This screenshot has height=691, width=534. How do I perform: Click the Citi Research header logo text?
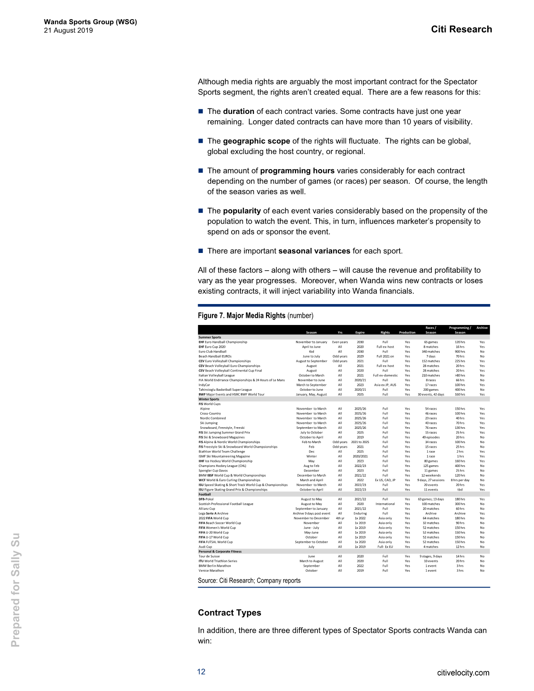click(x=461, y=29)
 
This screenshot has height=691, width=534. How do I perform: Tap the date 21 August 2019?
click(x=68, y=31)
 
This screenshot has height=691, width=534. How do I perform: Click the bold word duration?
click(x=238, y=111)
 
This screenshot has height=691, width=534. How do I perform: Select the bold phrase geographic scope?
click(x=256, y=141)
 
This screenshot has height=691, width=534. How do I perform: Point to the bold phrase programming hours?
click(x=297, y=171)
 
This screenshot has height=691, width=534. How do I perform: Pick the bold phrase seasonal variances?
click(x=314, y=251)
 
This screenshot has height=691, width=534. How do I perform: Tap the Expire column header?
click(x=360, y=333)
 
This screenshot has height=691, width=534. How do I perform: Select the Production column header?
click(x=407, y=333)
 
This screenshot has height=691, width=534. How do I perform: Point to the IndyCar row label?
click(x=204, y=385)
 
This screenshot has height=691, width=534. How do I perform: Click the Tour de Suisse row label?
click(x=209, y=557)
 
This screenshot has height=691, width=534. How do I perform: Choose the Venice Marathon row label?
click(x=211, y=571)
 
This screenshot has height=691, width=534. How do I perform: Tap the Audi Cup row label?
click(x=205, y=547)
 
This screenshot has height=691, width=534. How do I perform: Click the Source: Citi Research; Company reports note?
click(x=249, y=580)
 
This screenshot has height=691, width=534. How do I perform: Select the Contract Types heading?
click(x=230, y=613)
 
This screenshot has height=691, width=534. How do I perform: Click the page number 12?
click(x=201, y=672)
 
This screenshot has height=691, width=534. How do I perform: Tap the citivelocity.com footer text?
click(x=463, y=673)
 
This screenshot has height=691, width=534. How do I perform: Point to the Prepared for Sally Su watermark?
click(x=15, y=590)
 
